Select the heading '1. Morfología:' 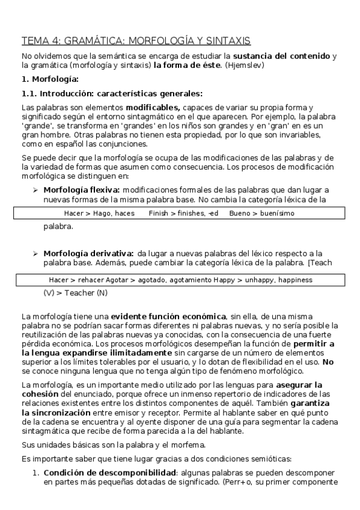[x=50, y=79]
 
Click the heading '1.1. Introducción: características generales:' [x=112, y=93]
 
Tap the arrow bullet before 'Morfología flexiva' [x=35, y=189]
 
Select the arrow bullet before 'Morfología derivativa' [x=35, y=254]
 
